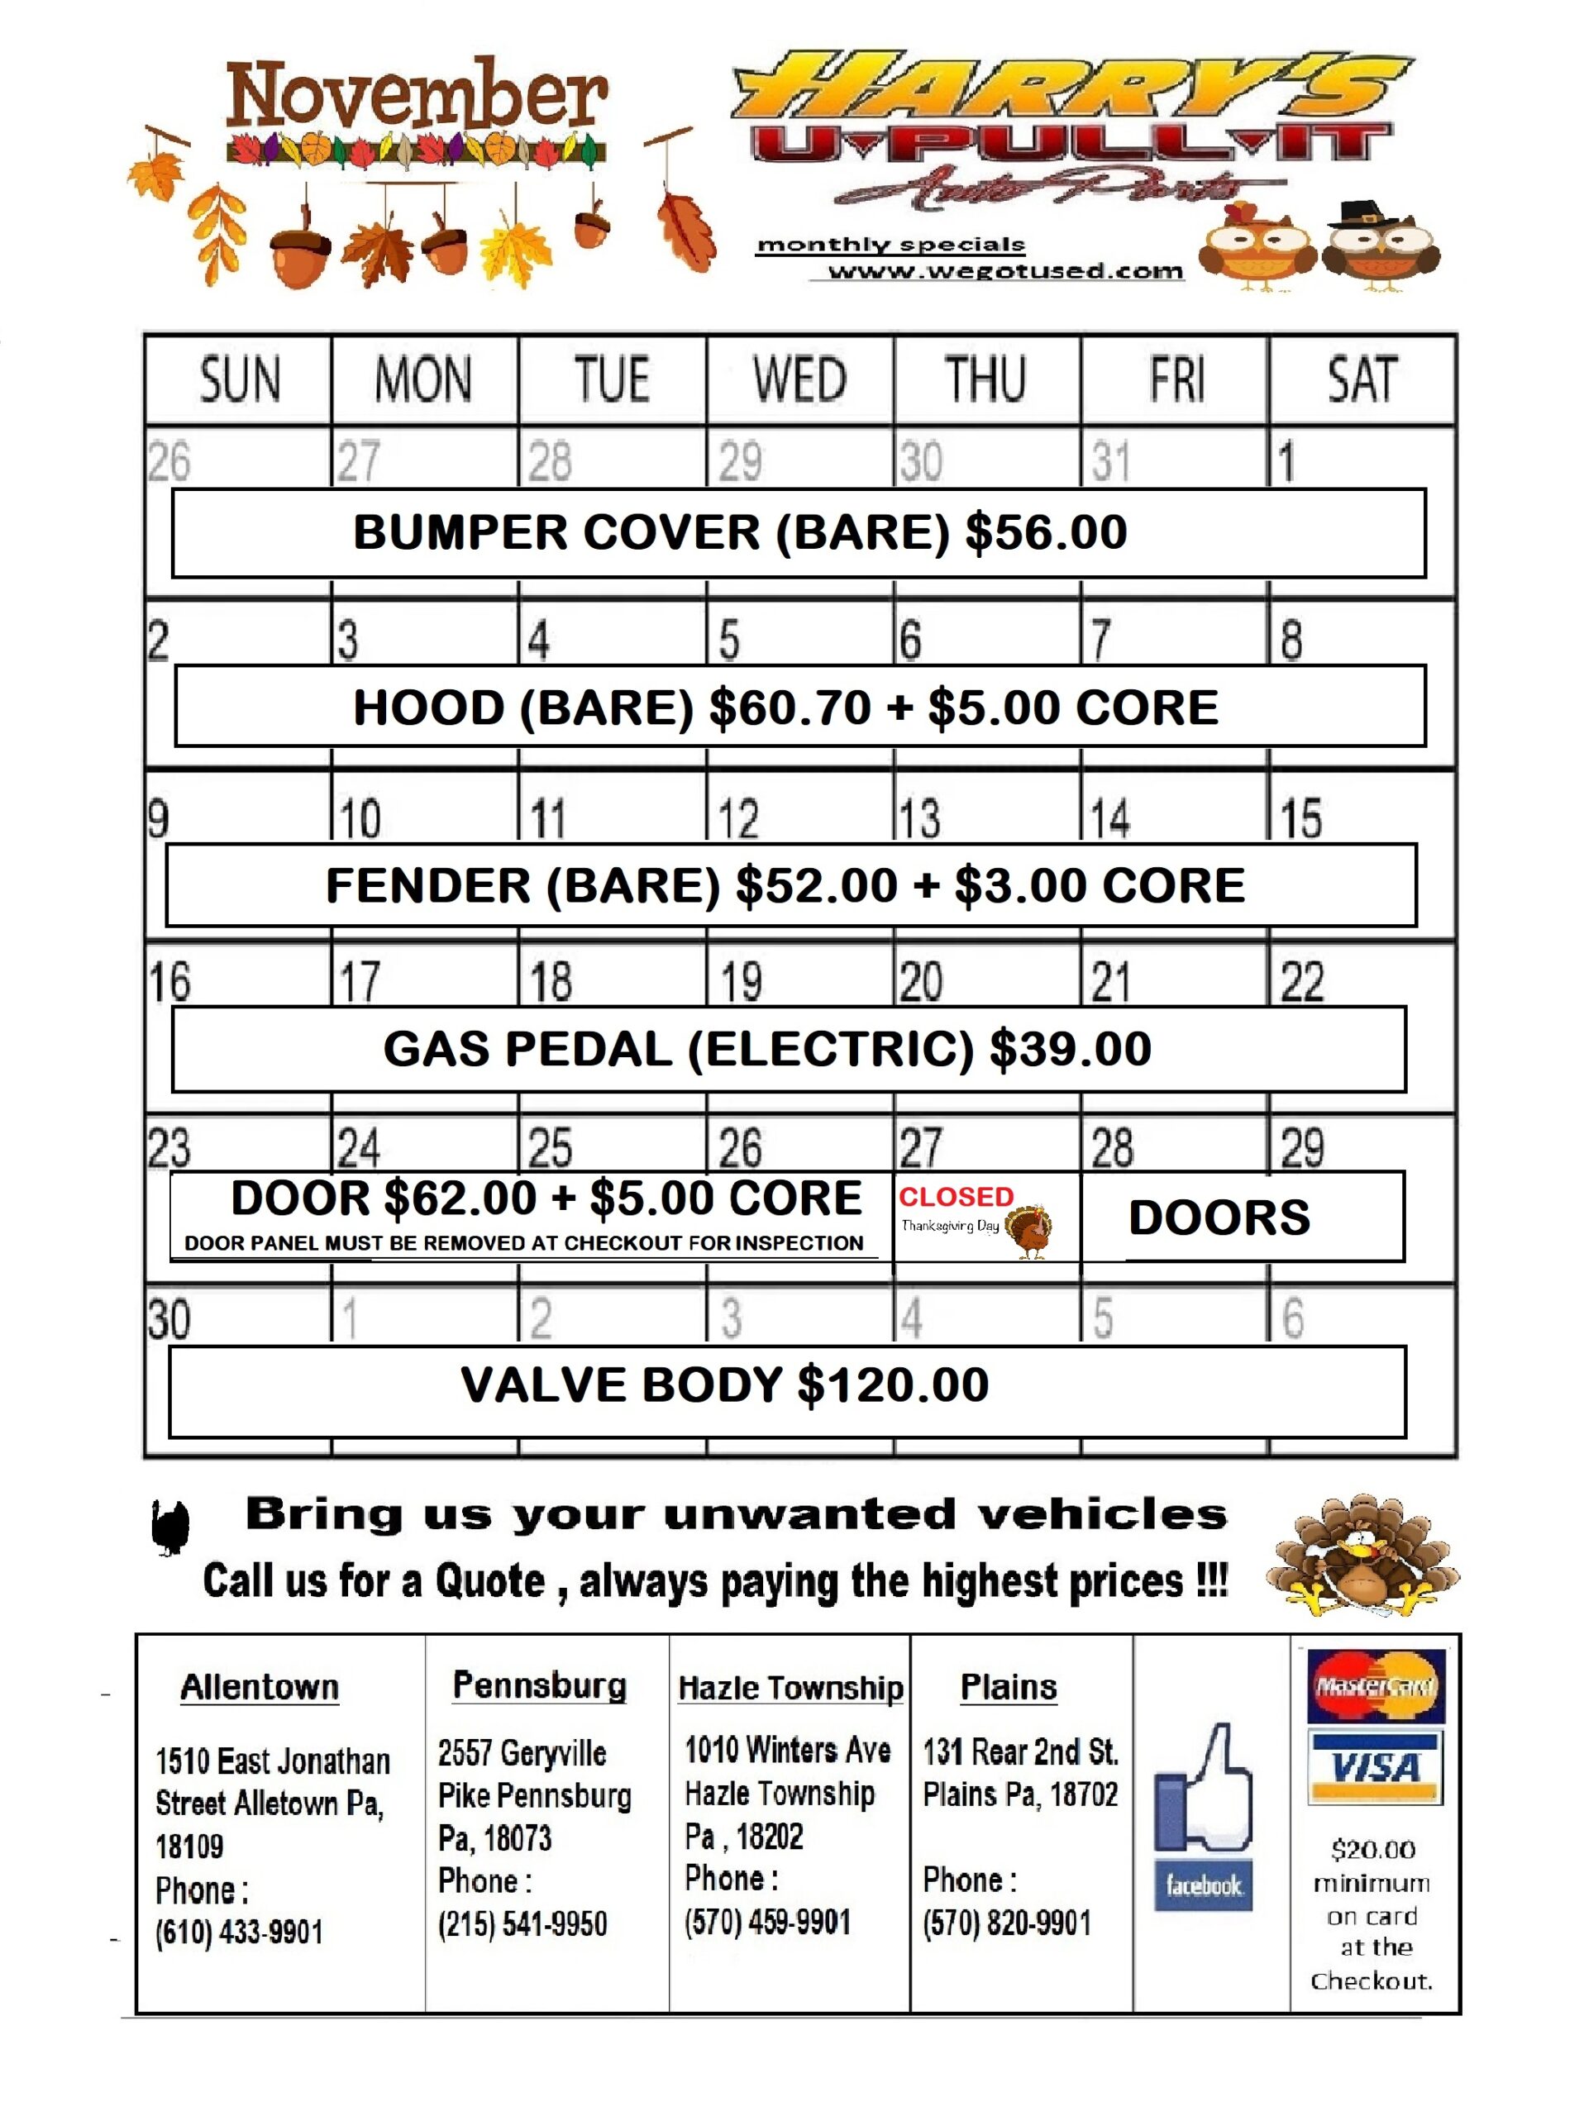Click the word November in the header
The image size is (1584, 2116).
[x=416, y=98]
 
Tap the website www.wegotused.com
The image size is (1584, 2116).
[x=1004, y=271]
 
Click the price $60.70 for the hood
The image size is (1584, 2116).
[x=790, y=708]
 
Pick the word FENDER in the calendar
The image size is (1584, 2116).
[x=427, y=885]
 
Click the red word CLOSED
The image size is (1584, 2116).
[x=955, y=1197]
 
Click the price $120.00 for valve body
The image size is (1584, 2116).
[x=892, y=1385]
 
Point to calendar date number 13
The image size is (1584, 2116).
[x=919, y=819]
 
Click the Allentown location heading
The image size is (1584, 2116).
[x=260, y=1686]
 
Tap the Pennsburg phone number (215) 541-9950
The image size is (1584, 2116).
[x=522, y=1923]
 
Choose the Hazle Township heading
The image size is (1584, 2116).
[x=790, y=1688]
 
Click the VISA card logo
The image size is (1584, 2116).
[x=1375, y=1767]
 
